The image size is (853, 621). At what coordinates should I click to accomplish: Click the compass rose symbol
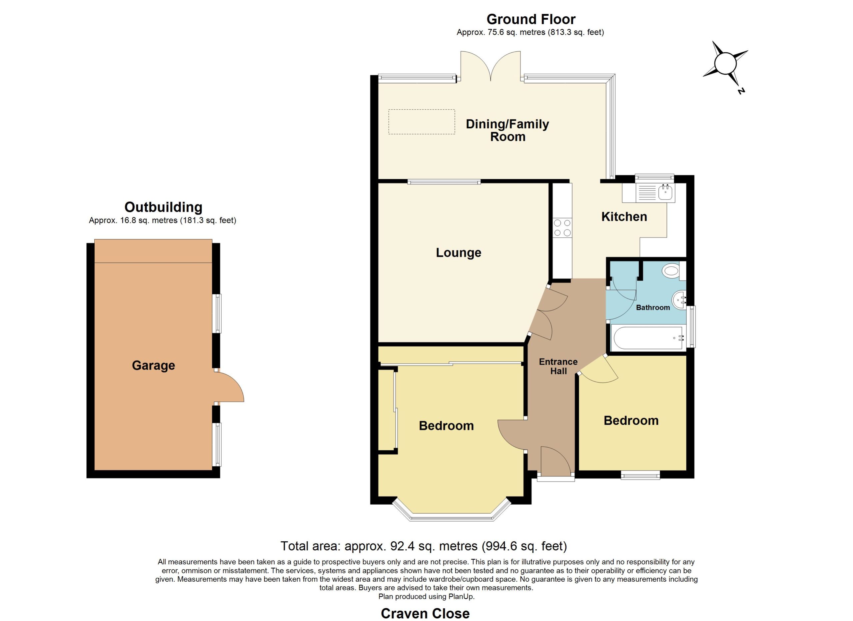(725, 64)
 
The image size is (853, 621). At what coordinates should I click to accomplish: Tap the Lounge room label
(458, 252)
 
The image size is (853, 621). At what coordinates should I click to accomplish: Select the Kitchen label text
(624, 216)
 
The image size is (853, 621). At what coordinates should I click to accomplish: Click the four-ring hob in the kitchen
(562, 228)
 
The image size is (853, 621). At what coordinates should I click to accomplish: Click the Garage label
(154, 366)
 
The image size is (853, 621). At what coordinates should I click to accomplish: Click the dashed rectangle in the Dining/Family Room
(422, 122)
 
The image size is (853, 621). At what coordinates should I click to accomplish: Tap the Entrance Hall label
(558, 366)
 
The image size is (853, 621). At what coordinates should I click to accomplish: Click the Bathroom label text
(653, 307)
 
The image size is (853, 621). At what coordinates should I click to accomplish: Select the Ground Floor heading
(531, 19)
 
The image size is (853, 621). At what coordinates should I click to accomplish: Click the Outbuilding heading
(163, 207)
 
